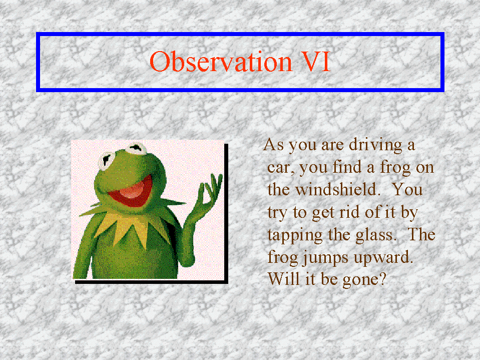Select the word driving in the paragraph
coord(375,145)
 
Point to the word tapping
coord(295,235)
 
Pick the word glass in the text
coord(375,235)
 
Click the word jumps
coord(325,257)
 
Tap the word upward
coord(383,257)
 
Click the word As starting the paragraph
coord(273,145)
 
